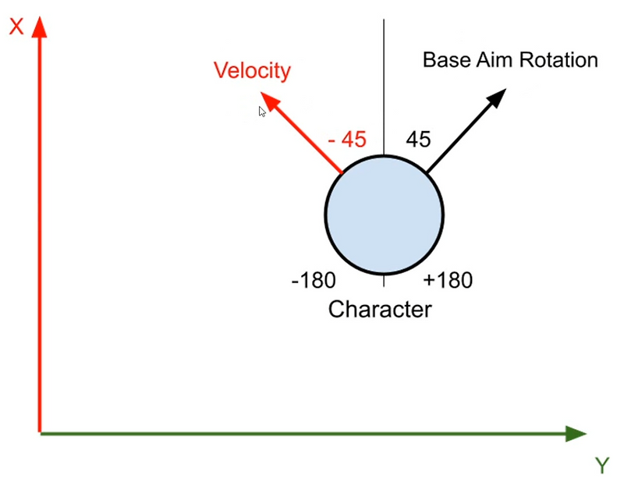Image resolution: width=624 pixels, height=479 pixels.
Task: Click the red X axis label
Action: (x=16, y=27)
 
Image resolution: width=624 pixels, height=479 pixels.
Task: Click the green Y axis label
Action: (x=602, y=466)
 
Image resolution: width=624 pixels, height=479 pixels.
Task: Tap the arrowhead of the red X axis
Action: (x=39, y=27)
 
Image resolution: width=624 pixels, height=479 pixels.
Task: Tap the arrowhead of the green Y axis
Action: (x=576, y=434)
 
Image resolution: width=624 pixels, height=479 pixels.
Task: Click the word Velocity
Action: (x=252, y=71)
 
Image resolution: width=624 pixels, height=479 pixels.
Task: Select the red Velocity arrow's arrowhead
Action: (x=270, y=101)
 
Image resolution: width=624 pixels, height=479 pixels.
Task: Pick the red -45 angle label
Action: (x=347, y=140)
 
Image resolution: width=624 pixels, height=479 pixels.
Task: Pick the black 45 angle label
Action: (x=418, y=140)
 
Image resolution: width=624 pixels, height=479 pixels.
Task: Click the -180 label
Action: (x=314, y=280)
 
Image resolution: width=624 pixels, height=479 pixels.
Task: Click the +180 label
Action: (x=448, y=280)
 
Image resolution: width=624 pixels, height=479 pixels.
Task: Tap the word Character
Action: (x=380, y=310)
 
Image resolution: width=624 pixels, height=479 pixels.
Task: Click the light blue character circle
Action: (x=384, y=215)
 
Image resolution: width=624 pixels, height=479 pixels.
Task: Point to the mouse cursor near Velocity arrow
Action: (x=262, y=112)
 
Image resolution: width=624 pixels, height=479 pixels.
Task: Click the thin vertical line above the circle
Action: (x=384, y=87)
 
